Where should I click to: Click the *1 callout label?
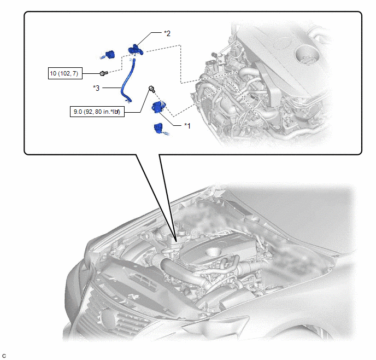coord(187,125)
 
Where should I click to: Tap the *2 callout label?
coord(167,33)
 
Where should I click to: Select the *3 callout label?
coord(96,88)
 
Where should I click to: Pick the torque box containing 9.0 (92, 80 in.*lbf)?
coord(97,112)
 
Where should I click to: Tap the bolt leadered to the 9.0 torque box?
coord(151,89)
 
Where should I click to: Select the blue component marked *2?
coord(136,50)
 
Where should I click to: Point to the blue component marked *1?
coord(158,107)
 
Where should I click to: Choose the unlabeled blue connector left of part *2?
coord(109,55)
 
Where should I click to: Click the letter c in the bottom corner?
coord(4,356)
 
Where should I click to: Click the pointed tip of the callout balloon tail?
coord(176,241)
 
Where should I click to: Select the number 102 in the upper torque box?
coord(64,73)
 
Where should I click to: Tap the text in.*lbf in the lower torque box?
coord(111,112)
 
